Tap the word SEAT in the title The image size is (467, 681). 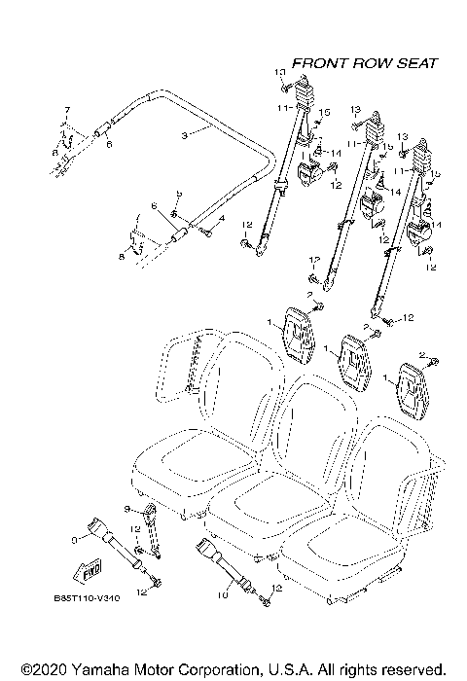(x=416, y=62)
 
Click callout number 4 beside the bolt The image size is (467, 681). (x=221, y=220)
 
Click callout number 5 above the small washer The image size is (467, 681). (x=177, y=194)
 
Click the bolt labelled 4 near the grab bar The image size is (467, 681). (x=205, y=230)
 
